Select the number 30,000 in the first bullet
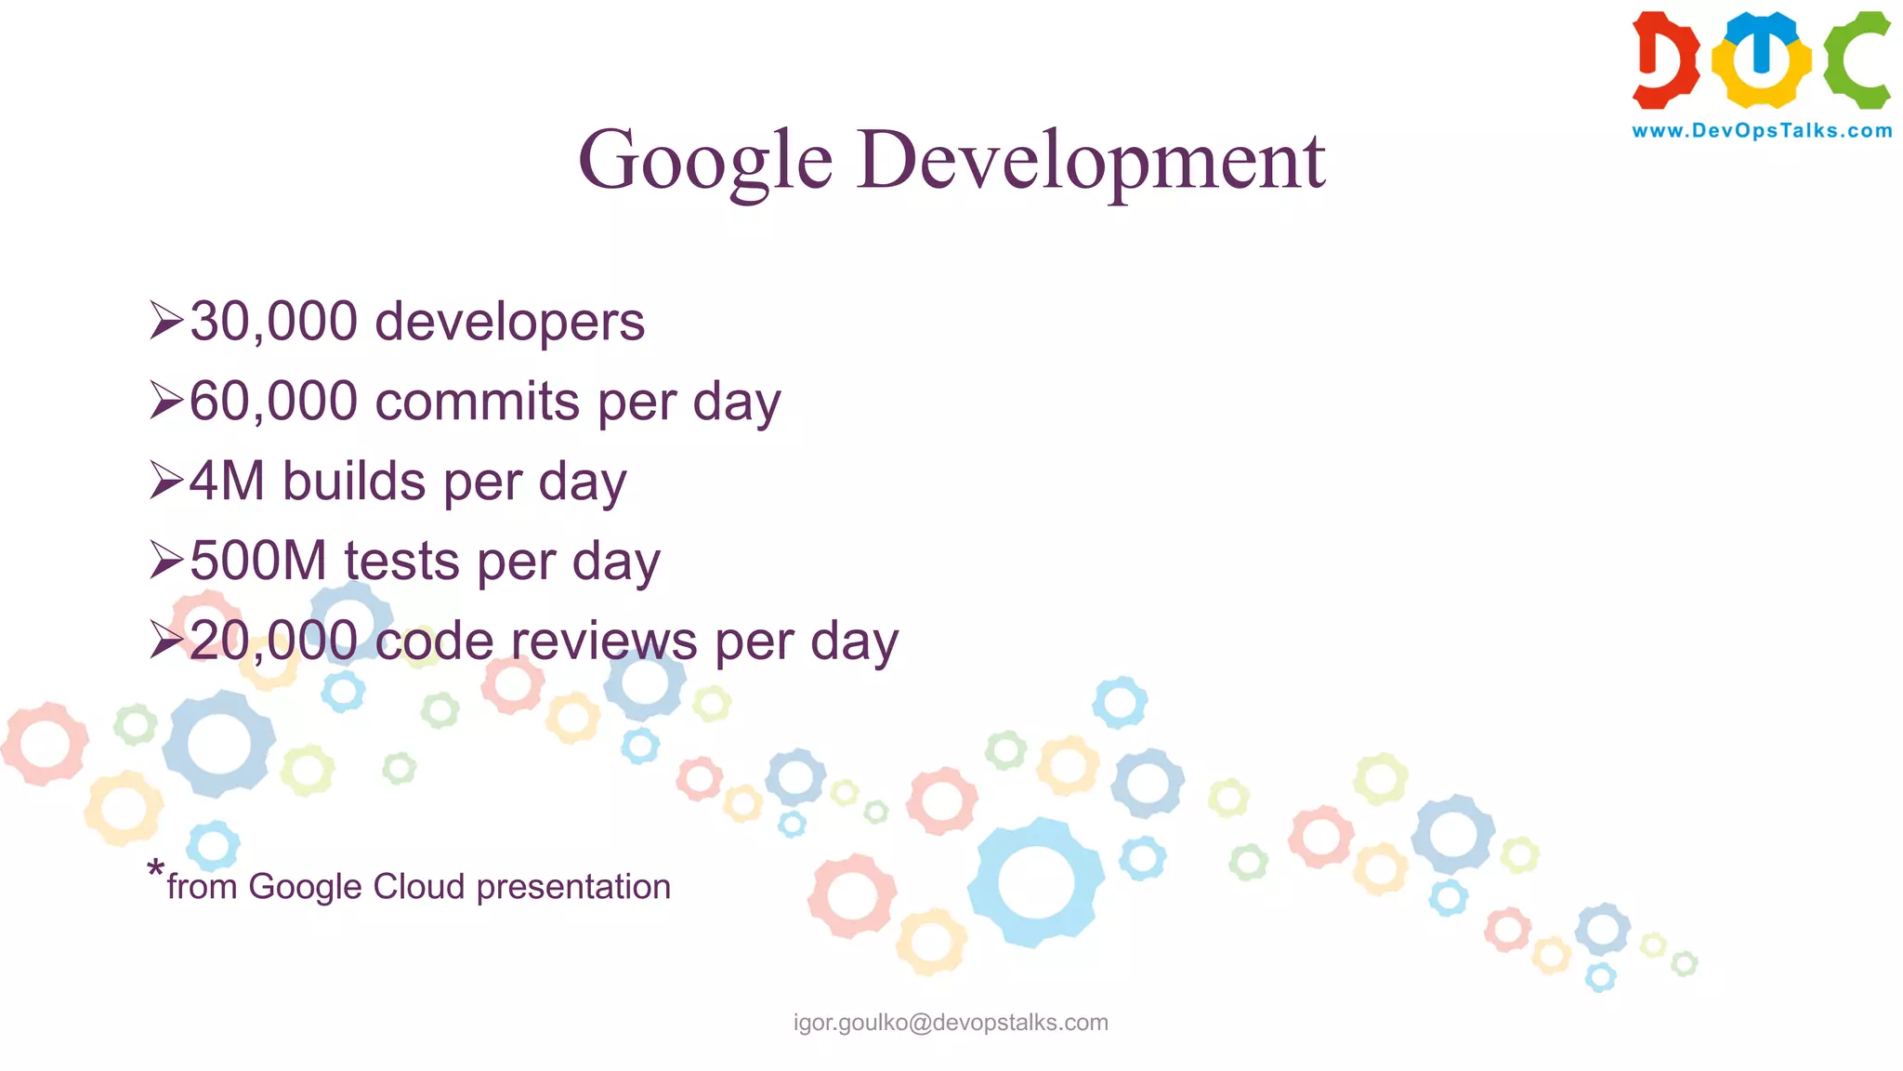point(274,322)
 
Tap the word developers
point(509,322)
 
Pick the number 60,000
point(274,402)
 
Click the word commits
point(478,402)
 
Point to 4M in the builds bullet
point(228,482)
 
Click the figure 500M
point(258,562)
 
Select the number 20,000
point(274,641)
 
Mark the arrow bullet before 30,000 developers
point(166,321)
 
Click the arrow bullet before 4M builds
point(166,481)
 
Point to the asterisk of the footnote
point(155,871)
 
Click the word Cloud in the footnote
point(418,887)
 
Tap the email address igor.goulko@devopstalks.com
point(951,1023)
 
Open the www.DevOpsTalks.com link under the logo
point(1762,131)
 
